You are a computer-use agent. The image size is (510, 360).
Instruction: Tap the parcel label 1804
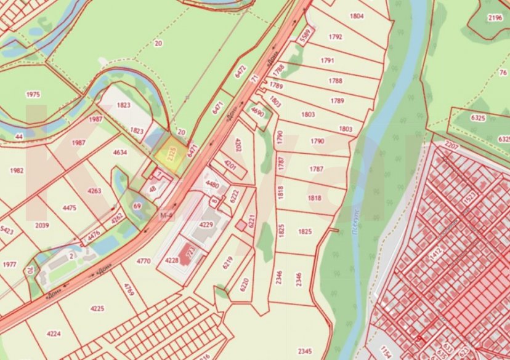[x=357, y=16]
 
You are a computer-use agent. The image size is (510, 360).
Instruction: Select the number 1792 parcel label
[x=335, y=37]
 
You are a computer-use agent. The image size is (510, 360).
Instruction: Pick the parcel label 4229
[x=206, y=225]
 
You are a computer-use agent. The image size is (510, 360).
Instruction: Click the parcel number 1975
[x=33, y=94]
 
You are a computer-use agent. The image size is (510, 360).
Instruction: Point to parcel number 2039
[x=42, y=226]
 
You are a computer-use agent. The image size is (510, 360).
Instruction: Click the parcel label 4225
[x=97, y=308]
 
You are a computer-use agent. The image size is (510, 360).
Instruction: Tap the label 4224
[x=54, y=334]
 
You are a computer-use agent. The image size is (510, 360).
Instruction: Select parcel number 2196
[x=495, y=18]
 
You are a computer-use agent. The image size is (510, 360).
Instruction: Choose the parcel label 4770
[x=143, y=262]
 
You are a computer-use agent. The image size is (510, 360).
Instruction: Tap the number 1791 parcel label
[x=327, y=60]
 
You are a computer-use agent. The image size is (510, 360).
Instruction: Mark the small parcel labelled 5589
[x=304, y=36]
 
